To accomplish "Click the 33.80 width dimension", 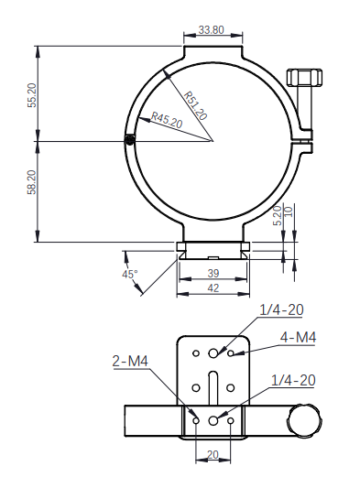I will click(x=212, y=29).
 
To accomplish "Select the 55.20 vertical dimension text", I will click(x=32, y=94).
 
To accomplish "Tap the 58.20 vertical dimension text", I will click(x=32, y=182).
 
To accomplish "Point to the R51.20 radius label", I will click(x=195, y=105).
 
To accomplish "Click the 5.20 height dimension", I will click(x=278, y=216).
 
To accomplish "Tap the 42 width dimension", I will click(x=213, y=288).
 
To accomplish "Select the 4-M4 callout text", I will click(x=298, y=337).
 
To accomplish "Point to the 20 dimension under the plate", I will click(x=213, y=454).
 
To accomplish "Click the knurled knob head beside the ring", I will click(x=304, y=76).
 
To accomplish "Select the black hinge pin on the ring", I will click(x=130, y=140).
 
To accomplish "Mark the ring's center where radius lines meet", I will click(x=213, y=141).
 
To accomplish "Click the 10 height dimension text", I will click(x=289, y=211).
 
